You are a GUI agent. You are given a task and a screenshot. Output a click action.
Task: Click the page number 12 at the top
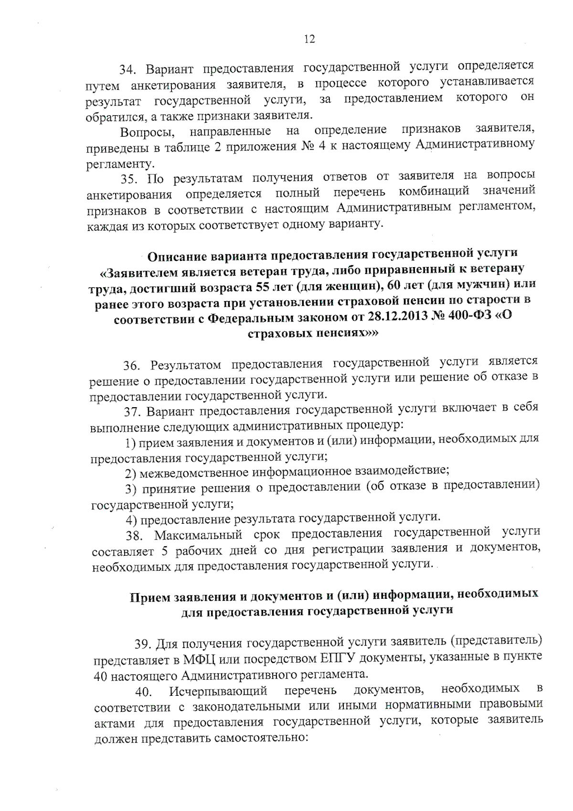click(309, 40)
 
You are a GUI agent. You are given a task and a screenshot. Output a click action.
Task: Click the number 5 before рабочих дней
click(164, 551)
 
